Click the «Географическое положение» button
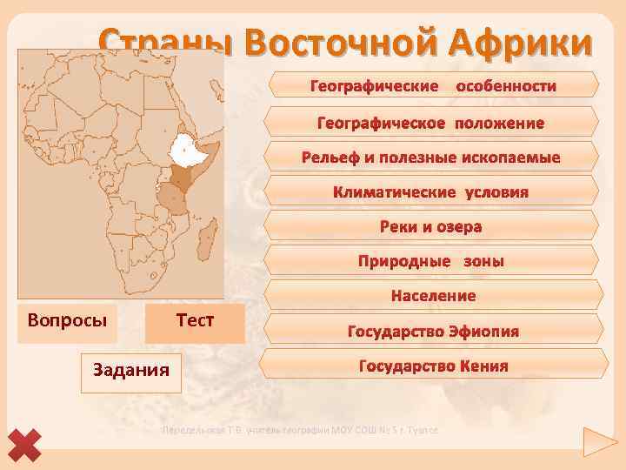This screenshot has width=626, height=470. point(431,123)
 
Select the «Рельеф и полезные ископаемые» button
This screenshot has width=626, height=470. point(431,158)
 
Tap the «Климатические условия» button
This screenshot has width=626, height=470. point(431,191)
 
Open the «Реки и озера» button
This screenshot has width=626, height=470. point(431,226)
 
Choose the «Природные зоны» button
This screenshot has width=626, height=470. point(431,261)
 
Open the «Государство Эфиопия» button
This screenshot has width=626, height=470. point(433,331)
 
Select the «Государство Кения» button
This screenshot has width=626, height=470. point(433,366)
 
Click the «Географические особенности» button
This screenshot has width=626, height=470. point(433,87)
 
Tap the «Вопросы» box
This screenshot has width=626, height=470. point(67,320)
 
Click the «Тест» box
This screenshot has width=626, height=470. point(195,320)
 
